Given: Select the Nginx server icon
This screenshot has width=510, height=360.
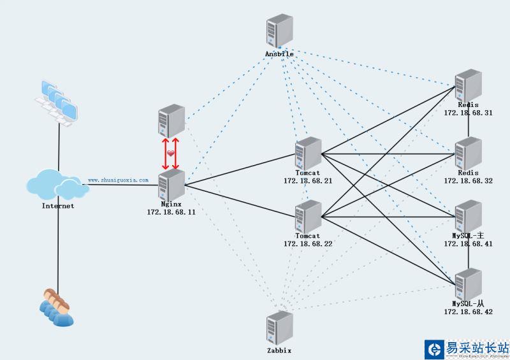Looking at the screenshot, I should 171,185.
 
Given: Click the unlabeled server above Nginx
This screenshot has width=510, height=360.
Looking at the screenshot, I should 171,120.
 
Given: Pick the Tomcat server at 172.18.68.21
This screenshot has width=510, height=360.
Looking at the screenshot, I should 309,154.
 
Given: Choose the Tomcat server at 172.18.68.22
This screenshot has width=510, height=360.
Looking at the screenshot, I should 309,217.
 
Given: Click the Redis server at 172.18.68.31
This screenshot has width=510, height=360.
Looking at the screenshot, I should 469,85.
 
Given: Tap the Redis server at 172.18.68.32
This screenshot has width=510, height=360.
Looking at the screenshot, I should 469,154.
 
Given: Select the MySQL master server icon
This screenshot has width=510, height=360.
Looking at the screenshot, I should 469,217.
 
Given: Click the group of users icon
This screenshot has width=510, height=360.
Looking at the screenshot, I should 56,307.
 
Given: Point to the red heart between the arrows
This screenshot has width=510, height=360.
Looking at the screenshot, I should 171,154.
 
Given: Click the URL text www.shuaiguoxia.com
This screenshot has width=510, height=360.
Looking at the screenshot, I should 118,180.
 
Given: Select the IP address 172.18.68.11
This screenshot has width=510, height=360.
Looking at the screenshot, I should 171,212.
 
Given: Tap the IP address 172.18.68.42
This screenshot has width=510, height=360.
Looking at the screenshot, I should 468,312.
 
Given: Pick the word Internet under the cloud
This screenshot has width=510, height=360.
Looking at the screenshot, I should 58,206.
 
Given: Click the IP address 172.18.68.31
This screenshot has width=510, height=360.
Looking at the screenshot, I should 468,112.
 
